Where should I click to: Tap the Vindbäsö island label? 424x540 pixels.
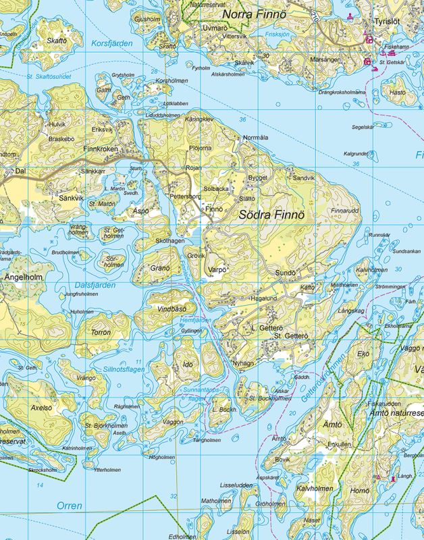(x=171, y=308)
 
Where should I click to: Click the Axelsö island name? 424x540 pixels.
(x=41, y=408)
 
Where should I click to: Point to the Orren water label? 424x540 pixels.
(x=69, y=506)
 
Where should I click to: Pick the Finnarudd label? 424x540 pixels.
(x=344, y=211)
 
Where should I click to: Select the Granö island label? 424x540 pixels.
(x=160, y=268)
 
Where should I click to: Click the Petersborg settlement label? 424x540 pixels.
(x=185, y=196)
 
